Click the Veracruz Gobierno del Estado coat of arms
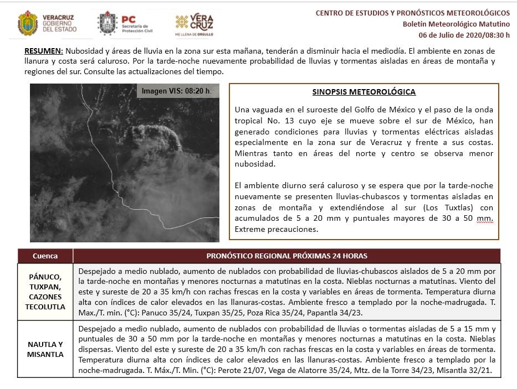(x=28, y=23)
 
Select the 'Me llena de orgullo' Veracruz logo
(x=194, y=25)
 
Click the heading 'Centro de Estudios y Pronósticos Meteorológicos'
(x=412, y=13)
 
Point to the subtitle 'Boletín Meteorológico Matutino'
(x=456, y=24)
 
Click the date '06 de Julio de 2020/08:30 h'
(x=464, y=35)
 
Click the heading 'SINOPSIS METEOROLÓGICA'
(x=364, y=92)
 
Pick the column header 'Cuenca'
(x=45, y=256)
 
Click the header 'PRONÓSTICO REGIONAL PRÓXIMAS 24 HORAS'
(x=286, y=256)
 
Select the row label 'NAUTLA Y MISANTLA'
(x=45, y=349)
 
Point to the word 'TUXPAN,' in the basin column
(x=45, y=287)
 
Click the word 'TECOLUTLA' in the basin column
(x=45, y=307)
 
